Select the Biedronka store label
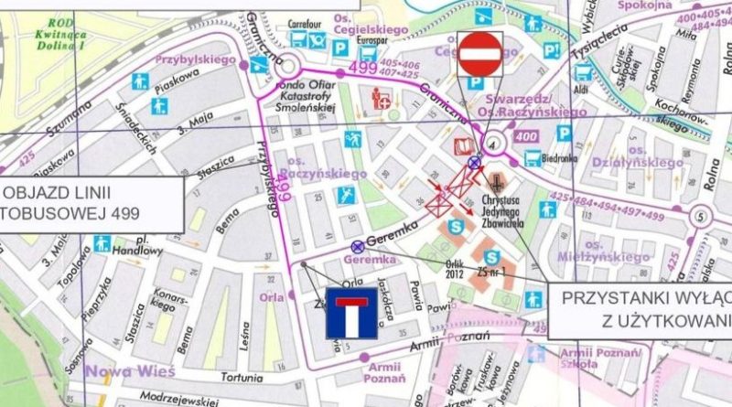pyautogui.click(x=567, y=156)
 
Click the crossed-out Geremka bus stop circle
pyautogui.click(x=357, y=246)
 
